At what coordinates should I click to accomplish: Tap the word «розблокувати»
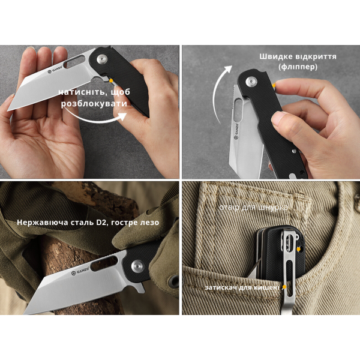click(x=94, y=104)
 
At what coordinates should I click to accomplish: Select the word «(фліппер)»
click(x=298, y=67)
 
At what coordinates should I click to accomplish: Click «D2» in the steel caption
click(x=100, y=222)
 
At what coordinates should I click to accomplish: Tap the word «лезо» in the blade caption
click(x=150, y=223)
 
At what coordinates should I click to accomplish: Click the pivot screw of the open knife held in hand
click(x=102, y=59)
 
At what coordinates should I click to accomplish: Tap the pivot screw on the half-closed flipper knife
click(x=251, y=82)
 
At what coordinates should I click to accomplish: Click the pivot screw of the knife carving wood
click(x=137, y=266)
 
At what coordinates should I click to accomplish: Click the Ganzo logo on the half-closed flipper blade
click(x=236, y=131)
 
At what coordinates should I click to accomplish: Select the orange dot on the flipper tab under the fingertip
click(x=274, y=85)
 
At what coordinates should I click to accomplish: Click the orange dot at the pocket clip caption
click(x=284, y=287)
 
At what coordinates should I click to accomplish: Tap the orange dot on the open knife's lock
click(x=111, y=80)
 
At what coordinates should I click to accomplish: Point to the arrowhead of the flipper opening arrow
click(x=228, y=69)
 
